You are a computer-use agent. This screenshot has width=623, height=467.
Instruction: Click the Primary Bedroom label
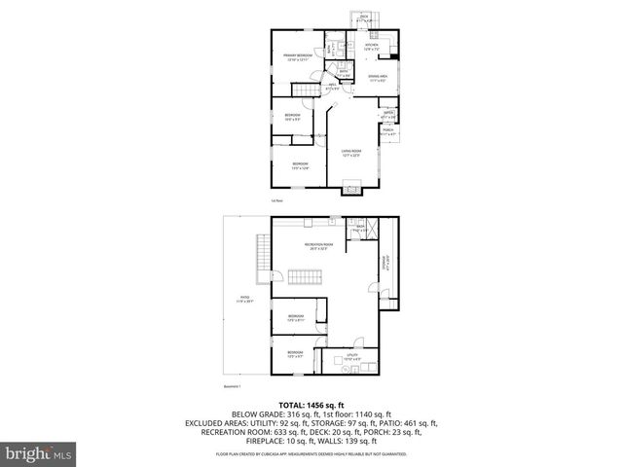[x=297, y=57]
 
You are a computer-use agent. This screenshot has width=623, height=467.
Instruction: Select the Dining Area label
[x=378, y=80]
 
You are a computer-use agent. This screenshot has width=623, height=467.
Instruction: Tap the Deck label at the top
[x=364, y=18]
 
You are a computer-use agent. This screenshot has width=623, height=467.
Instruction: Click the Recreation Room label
[x=318, y=246]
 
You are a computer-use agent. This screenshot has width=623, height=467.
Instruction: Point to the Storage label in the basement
[x=387, y=263]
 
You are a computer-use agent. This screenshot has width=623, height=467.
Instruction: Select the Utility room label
[x=351, y=357]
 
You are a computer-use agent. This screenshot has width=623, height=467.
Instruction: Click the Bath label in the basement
[x=359, y=229]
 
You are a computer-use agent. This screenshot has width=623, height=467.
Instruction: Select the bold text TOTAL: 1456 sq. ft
[x=311, y=404]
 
